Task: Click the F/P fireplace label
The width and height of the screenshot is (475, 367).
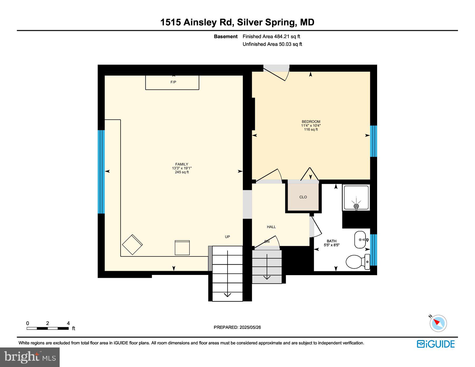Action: pyautogui.click(x=173, y=82)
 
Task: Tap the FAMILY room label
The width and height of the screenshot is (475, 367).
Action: pyautogui.click(x=182, y=164)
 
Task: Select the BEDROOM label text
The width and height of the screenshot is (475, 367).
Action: pyautogui.click(x=311, y=122)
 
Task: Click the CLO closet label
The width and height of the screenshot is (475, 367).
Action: pyautogui.click(x=303, y=197)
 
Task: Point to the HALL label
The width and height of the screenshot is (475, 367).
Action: pyautogui.click(x=271, y=227)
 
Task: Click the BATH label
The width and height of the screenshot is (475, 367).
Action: pyautogui.click(x=331, y=241)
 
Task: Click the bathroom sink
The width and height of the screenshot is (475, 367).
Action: pyautogui.click(x=360, y=240)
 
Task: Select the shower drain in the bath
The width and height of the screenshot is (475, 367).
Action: pyautogui.click(x=356, y=206)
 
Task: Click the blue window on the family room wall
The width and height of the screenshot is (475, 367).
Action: pyautogui.click(x=101, y=171)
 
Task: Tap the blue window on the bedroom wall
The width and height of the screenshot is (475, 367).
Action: pyautogui.click(x=373, y=141)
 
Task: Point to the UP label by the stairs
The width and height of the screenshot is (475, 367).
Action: pyautogui.click(x=227, y=237)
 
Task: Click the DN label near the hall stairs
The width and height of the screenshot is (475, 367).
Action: pyautogui.click(x=267, y=241)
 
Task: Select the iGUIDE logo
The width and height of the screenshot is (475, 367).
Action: pyautogui.click(x=436, y=344)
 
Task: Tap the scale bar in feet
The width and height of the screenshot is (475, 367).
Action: pyautogui.click(x=47, y=328)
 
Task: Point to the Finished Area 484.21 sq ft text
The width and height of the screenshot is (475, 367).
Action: pyautogui.click(x=271, y=36)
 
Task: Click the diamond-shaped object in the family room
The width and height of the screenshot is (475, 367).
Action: pyautogui.click(x=132, y=244)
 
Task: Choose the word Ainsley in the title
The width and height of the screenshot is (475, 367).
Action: pyautogui.click(x=200, y=22)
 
